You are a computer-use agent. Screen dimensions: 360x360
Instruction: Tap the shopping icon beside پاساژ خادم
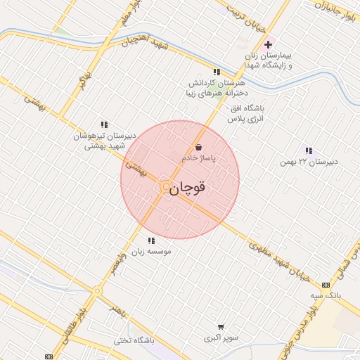(x=199, y=148)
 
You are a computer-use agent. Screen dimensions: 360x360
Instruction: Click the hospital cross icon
(x=268, y=44)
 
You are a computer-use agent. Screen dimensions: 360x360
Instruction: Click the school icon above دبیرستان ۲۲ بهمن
(x=308, y=150)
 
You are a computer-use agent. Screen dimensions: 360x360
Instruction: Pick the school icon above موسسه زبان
(x=150, y=240)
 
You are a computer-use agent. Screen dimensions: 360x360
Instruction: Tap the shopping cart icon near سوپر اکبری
(x=221, y=327)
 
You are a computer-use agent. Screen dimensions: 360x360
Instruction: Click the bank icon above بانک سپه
(x=325, y=285)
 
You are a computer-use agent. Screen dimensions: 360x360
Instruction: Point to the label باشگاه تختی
(x=133, y=341)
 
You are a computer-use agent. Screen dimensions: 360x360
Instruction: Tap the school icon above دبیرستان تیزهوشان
(x=105, y=124)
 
